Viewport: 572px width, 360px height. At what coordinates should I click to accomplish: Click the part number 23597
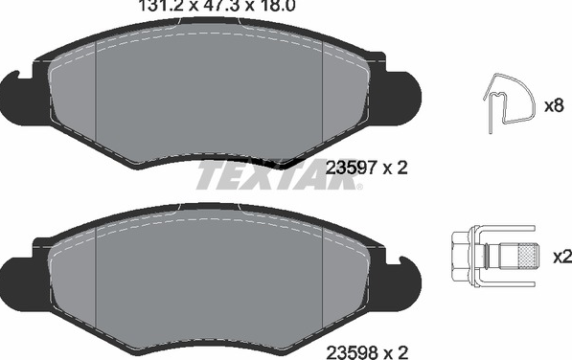pyautogui.click(x=351, y=168)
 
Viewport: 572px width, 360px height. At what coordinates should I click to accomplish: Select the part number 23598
pyautogui.click(x=351, y=352)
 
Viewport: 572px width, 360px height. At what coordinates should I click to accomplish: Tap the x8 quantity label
pyautogui.click(x=554, y=106)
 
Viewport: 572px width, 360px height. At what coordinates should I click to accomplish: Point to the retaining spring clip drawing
pyautogui.click(x=509, y=102)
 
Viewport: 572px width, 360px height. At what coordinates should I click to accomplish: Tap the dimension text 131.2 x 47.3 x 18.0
pyautogui.click(x=217, y=6)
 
